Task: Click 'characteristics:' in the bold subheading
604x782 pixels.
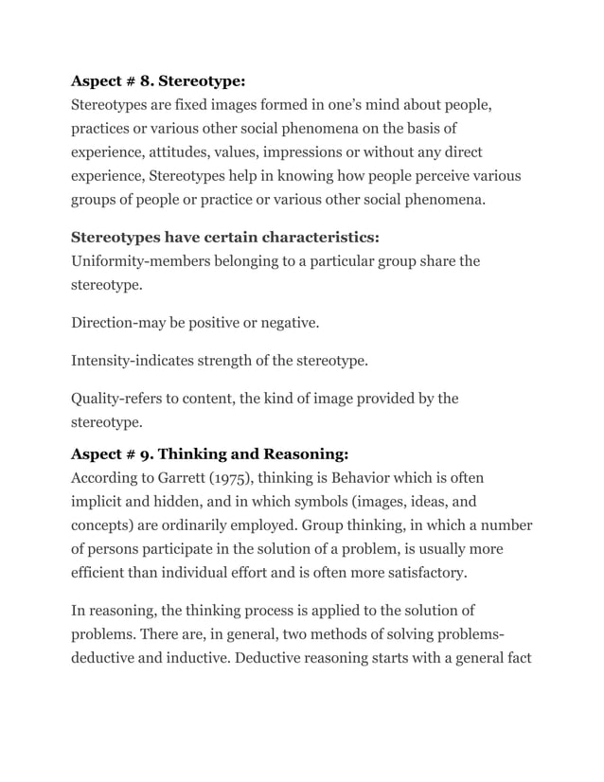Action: point(312,236)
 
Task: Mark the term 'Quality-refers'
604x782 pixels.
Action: point(120,399)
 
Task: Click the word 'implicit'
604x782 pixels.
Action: point(100,501)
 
